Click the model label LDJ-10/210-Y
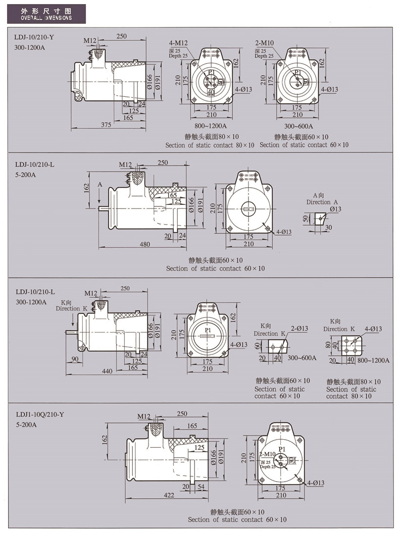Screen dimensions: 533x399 pyautogui.click(x=34, y=38)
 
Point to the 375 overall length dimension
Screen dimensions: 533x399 pyautogui.click(x=106, y=124)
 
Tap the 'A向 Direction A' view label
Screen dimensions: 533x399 pyautogui.click(x=319, y=198)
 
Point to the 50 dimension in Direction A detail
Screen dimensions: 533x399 pyautogui.click(x=306, y=219)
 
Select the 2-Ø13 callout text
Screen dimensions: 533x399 pyautogui.click(x=299, y=329)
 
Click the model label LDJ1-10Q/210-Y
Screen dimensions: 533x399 pyautogui.click(x=40, y=414)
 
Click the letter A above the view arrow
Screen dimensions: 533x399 pyautogui.click(x=100, y=185)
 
